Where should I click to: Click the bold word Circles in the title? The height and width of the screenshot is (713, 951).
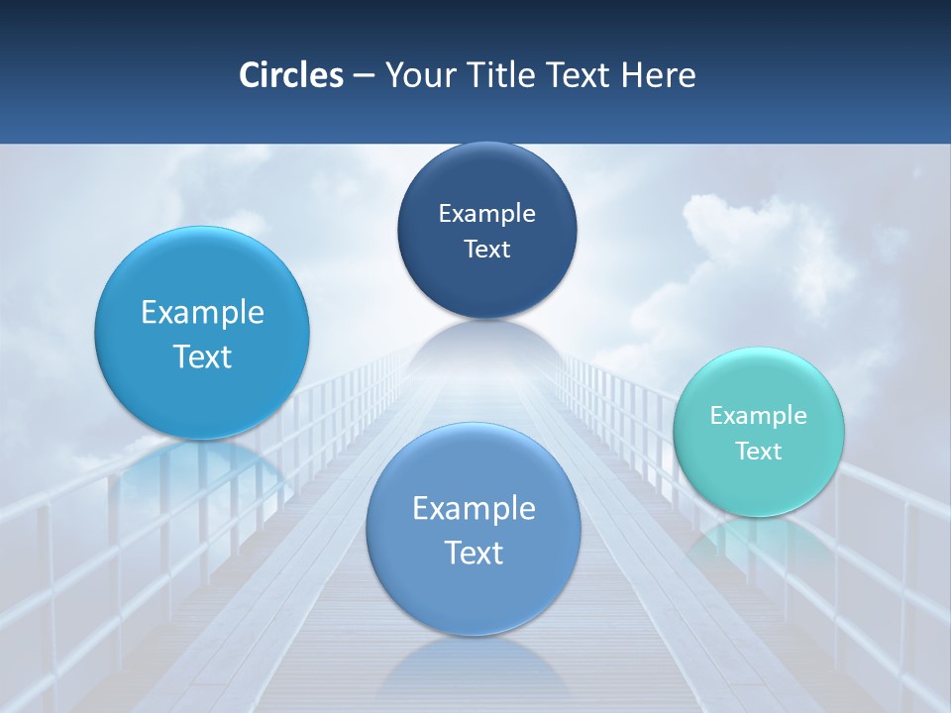point(290,75)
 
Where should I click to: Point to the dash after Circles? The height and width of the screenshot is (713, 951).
point(364,76)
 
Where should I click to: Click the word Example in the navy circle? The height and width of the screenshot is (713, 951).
point(486,213)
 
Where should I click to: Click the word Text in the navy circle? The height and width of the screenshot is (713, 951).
point(486,249)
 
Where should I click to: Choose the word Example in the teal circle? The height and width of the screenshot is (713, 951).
point(758,415)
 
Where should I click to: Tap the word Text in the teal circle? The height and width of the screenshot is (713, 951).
point(758,451)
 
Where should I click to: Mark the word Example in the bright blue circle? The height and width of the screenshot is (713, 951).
point(202,312)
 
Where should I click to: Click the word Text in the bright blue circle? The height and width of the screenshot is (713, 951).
point(202,356)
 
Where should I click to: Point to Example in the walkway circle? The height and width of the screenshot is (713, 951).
point(474,508)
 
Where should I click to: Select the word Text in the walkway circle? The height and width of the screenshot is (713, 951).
point(474,553)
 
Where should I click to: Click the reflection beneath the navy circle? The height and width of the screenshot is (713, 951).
point(486,342)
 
